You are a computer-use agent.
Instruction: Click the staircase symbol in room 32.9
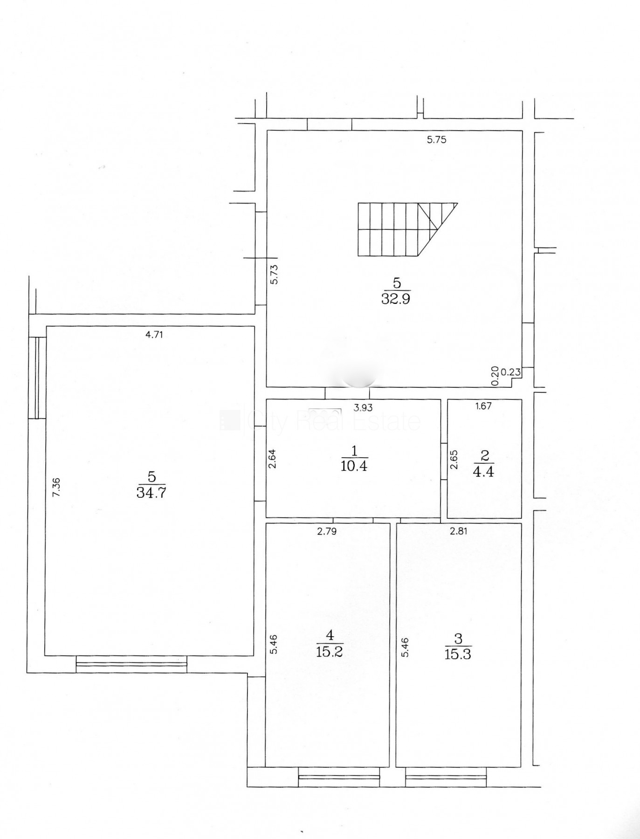coord(407,229)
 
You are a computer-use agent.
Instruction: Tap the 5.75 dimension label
coord(437,139)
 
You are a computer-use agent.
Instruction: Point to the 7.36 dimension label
coord(56,488)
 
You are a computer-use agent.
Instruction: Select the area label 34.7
coord(151,492)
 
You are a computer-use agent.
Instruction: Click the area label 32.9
coord(395,298)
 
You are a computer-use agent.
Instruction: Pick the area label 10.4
coord(354,466)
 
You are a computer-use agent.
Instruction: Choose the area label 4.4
coord(483,471)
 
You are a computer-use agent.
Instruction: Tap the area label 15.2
coord(329,651)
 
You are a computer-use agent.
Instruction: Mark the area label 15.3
coord(458,653)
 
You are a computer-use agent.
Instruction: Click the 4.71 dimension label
coord(154,334)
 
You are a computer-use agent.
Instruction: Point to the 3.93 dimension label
coord(363,407)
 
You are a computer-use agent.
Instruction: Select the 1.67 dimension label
coord(483,406)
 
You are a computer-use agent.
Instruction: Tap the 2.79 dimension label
coord(327,531)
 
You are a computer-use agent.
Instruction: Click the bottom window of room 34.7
coord(131,664)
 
